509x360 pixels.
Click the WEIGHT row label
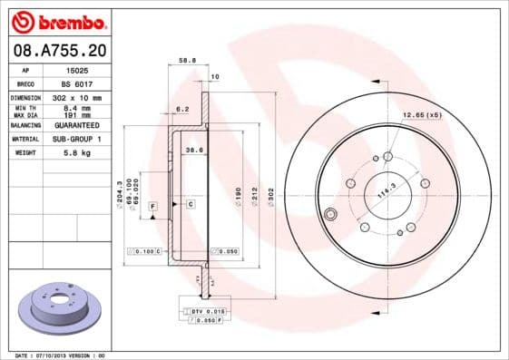pos(24,153)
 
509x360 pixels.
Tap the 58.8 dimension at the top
pos(187,62)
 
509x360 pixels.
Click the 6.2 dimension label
pos(181,109)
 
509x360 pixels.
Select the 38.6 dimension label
pos(192,150)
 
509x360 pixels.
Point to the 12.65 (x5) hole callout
pos(422,114)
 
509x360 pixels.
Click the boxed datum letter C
pos(191,206)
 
